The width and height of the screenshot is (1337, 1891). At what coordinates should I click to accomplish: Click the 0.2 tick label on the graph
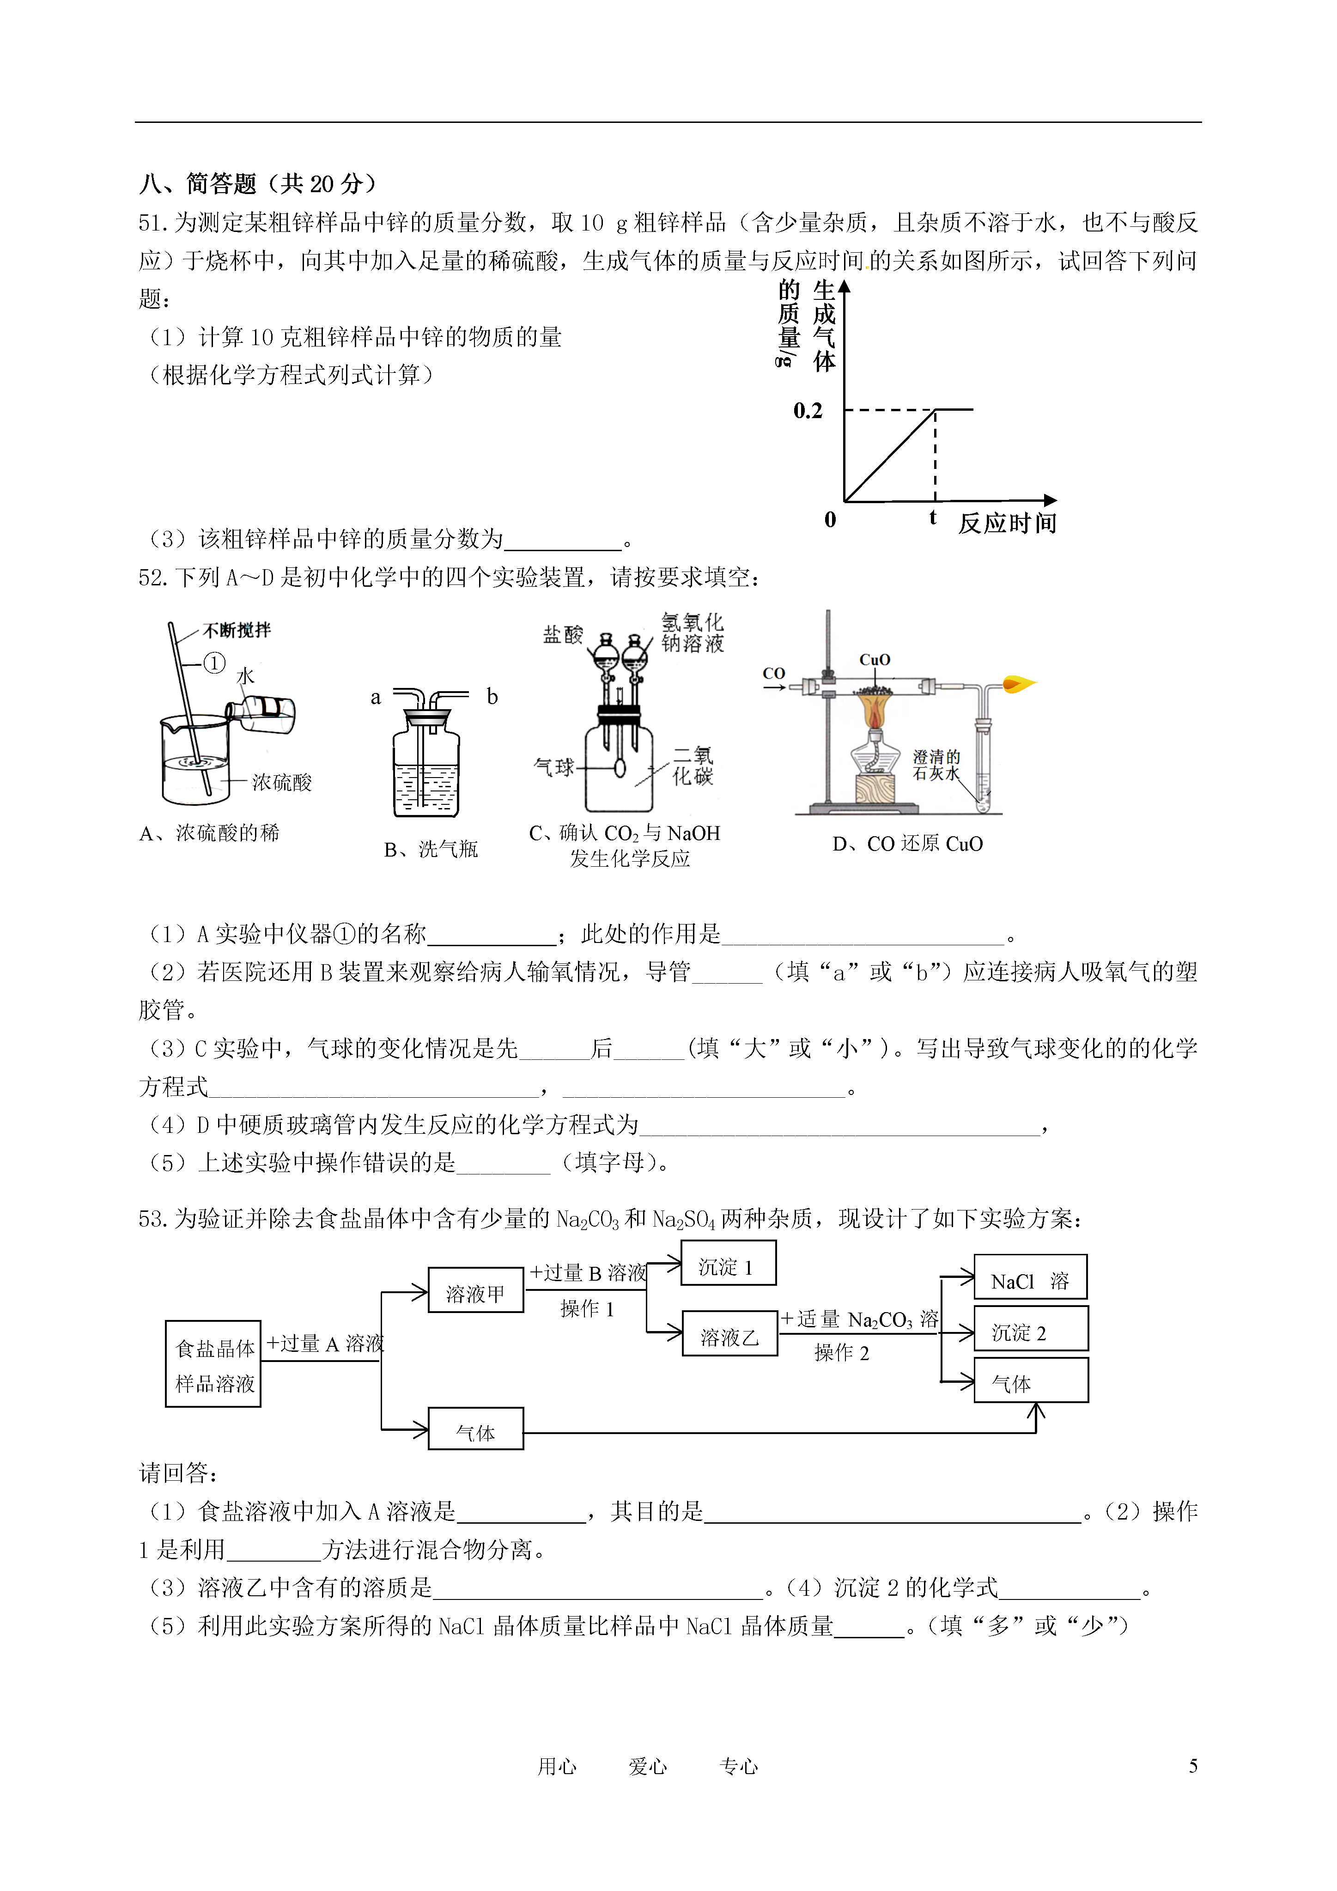coord(807,410)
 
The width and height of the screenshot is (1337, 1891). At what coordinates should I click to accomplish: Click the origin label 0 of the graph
coord(830,520)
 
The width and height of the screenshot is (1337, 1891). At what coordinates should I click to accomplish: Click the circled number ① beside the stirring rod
coord(214,663)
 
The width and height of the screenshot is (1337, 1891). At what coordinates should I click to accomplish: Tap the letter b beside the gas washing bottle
coord(492,697)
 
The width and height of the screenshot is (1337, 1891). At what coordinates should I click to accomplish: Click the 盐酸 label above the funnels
coord(564,634)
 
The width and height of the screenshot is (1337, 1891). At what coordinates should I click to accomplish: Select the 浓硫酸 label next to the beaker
coord(282,783)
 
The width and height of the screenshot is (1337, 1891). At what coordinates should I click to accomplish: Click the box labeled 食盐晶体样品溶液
coord(213,1364)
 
